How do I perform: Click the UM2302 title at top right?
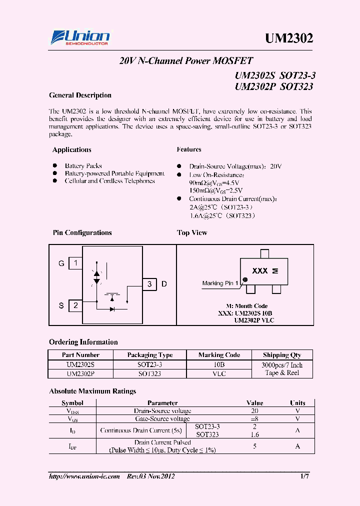288,38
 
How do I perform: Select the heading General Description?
80,95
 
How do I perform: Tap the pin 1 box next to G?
75,263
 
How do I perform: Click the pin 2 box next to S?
75,305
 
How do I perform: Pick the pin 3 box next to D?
149,284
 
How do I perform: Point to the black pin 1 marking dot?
245,279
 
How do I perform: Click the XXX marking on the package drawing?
259,271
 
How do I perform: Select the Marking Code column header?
219,355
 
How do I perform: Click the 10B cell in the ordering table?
219,365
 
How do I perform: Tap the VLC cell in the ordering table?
219,373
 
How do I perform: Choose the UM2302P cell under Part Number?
80,373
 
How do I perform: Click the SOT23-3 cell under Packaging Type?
150,365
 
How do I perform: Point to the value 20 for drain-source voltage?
254,410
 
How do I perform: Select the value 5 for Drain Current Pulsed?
254,446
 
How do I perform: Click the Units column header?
297,403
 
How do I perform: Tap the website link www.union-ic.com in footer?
84,476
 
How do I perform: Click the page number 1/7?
304,476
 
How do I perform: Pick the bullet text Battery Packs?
83,166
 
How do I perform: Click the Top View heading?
192,233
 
